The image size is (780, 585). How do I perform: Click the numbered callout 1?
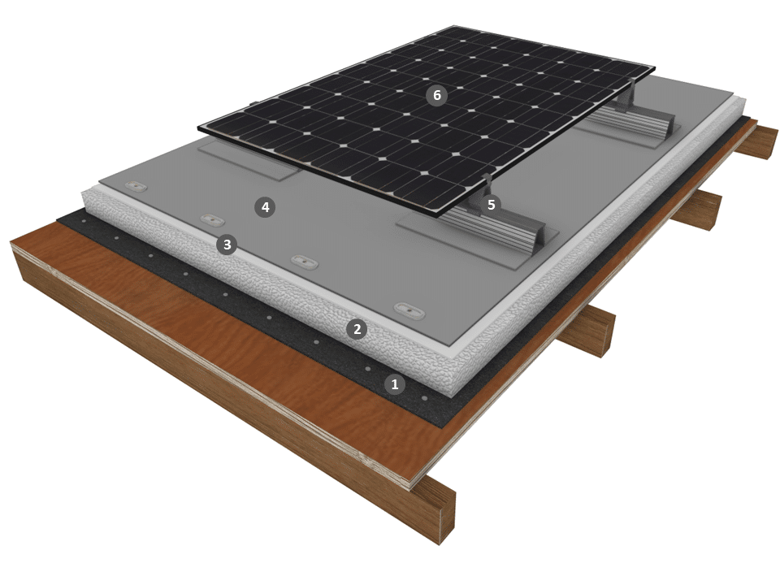395,384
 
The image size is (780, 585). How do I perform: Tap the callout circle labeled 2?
357,329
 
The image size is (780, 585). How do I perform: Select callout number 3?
227,245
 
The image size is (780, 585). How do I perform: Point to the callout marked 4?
265,207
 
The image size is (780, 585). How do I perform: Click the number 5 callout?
492,205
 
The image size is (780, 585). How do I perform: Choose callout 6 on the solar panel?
437,95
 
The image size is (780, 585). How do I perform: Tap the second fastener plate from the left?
212,219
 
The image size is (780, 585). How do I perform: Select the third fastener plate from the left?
305,261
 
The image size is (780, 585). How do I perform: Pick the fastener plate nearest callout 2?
409,310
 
